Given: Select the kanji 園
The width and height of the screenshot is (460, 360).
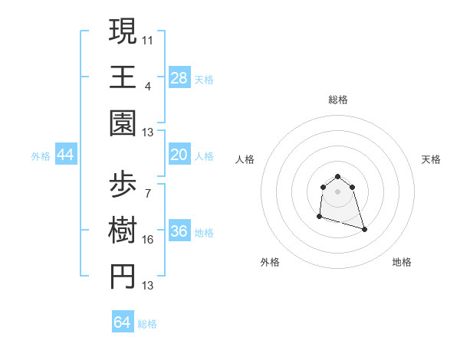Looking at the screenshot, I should tap(123, 123).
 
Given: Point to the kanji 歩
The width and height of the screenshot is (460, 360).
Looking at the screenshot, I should tap(123, 186).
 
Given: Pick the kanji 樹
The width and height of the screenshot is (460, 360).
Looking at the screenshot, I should tap(123, 232).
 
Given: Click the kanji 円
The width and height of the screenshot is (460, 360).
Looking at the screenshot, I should tap(123, 278).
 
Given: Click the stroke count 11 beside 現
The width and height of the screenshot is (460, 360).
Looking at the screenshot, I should tap(149, 38).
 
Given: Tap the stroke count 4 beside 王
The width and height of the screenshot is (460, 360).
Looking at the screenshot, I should tap(148, 86).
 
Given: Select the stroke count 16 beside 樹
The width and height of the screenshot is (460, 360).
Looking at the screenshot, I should tap(149, 240).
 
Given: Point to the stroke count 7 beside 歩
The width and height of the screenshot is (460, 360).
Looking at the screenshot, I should tap(148, 194).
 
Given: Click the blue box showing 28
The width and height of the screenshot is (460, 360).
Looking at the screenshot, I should tap(179, 77).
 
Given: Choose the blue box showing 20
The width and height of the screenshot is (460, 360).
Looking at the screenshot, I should tap(179, 155).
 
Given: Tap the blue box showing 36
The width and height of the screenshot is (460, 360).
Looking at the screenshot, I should tap(179, 232).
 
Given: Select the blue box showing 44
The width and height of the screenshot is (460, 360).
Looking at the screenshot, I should tap(66, 155).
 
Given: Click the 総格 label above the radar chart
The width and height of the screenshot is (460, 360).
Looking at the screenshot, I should tap(338, 100).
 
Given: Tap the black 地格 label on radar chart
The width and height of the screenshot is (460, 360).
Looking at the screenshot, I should tap(402, 262).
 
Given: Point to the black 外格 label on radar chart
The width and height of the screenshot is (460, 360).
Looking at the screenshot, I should tap(270, 262).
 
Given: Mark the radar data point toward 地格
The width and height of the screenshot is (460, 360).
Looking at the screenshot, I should tap(364, 229).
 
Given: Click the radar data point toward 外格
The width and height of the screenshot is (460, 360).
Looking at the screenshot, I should tap(319, 218).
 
